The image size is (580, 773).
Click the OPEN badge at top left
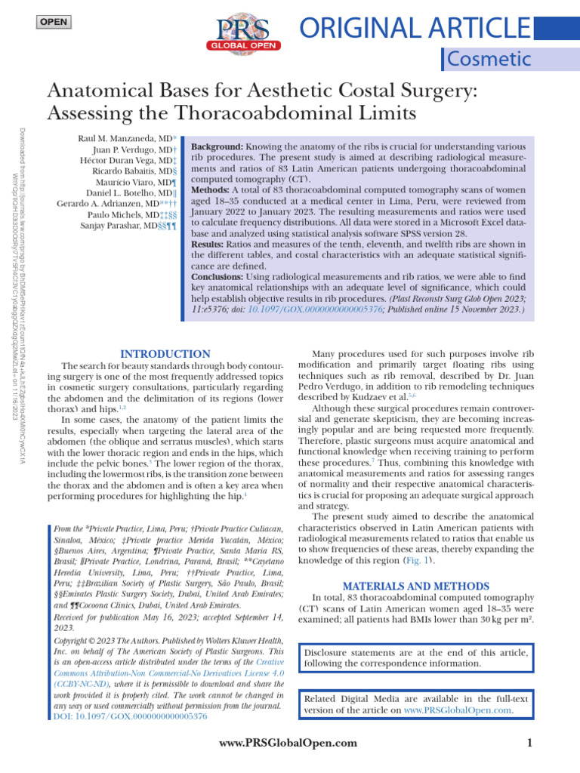tap(52, 21)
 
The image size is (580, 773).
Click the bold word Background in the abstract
tap(217, 145)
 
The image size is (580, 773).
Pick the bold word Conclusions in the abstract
tap(220, 277)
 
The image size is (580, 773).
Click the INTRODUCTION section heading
tap(165, 354)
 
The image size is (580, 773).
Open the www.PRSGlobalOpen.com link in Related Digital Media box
tap(458, 710)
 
